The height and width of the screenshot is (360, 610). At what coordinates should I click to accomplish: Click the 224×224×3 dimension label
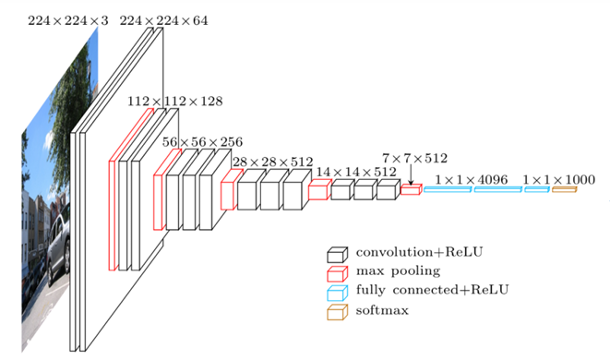pyautogui.click(x=67, y=20)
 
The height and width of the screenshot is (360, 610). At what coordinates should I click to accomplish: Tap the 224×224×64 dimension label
pyautogui.click(x=163, y=20)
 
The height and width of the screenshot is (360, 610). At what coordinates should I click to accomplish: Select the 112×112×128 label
pyautogui.click(x=175, y=102)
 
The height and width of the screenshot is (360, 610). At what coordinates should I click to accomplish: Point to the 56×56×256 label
pyautogui.click(x=202, y=142)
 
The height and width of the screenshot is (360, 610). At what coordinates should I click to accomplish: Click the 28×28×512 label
pyautogui.click(x=273, y=162)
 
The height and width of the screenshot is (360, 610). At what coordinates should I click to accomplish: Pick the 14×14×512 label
pyautogui.click(x=356, y=172)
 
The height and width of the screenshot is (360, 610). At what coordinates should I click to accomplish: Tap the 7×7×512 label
pyautogui.click(x=414, y=159)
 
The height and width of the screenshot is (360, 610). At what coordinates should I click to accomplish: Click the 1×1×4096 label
pyautogui.click(x=472, y=180)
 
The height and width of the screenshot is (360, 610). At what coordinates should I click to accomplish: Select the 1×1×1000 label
pyautogui.click(x=558, y=180)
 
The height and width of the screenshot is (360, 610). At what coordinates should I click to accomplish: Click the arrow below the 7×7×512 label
pyautogui.click(x=411, y=174)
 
